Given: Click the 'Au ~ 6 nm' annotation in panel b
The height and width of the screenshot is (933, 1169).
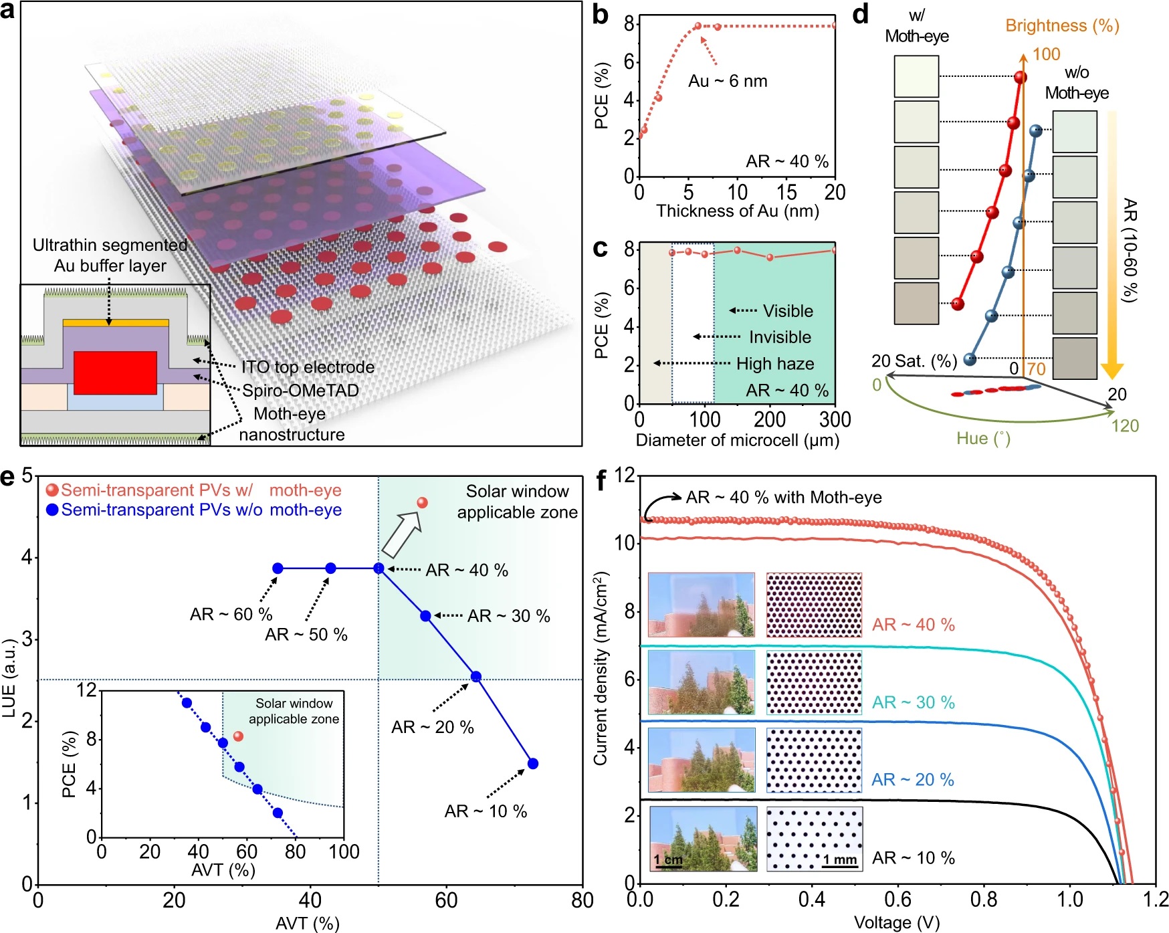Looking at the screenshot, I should click(728, 82).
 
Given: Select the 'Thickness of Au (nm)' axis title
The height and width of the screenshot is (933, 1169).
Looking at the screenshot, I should click(737, 211).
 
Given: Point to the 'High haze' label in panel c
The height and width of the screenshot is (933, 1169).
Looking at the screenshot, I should click(775, 364).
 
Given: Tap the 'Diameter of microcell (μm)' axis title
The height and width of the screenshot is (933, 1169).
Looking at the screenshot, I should click(737, 440).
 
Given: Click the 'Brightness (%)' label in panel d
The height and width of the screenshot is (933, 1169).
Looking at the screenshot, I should click(1062, 26).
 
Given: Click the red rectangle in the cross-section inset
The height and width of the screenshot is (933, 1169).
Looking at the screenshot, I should click(115, 373).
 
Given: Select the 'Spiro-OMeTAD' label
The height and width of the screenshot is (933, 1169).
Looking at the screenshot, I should click(300, 391).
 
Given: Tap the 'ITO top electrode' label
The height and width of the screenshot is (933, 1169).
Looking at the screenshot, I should click(308, 367).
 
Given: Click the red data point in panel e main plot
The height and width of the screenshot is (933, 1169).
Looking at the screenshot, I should click(422, 502).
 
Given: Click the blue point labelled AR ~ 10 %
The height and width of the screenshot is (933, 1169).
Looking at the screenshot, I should click(533, 764).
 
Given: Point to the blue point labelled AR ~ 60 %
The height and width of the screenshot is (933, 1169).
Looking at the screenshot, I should click(278, 568).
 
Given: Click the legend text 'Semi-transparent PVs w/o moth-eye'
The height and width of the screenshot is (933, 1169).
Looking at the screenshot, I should click(201, 510).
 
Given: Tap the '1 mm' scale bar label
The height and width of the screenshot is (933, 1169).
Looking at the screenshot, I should click(839, 859).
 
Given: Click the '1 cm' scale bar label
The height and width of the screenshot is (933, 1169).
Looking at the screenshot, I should click(668, 859).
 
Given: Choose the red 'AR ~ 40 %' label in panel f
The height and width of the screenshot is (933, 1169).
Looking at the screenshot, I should click(913, 625).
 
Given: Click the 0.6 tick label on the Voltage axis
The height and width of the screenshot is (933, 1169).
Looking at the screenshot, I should click(897, 899).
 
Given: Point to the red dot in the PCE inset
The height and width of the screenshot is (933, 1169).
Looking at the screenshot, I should click(238, 736).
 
